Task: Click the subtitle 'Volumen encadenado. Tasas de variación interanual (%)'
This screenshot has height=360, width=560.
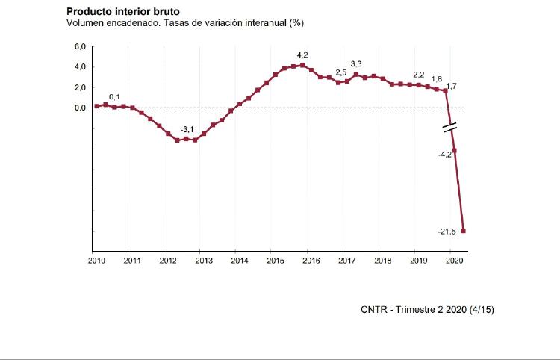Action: pos(184,23)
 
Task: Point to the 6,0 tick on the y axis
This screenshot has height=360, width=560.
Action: pos(80,47)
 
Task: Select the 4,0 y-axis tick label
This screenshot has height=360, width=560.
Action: pos(80,67)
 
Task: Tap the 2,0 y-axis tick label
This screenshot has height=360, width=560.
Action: pos(80,87)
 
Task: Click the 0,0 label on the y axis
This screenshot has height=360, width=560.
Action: pos(80,108)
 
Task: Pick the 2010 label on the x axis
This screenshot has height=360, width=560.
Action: pos(96,261)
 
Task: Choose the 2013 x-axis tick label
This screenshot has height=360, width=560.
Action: pos(203,261)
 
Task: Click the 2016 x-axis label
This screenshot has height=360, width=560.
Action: pos(311,261)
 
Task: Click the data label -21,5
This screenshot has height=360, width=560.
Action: pos(447,232)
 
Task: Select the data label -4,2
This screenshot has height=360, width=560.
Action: pos(444,155)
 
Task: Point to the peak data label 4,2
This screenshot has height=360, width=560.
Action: pos(302,55)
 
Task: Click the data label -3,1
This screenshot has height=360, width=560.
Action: pos(187,129)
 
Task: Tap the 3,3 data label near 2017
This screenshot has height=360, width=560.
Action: pos(356,64)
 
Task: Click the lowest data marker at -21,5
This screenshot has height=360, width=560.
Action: pos(464,231)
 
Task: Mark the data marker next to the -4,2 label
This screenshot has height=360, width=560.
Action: pos(455,151)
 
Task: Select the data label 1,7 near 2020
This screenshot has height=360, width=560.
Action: pos(451,87)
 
